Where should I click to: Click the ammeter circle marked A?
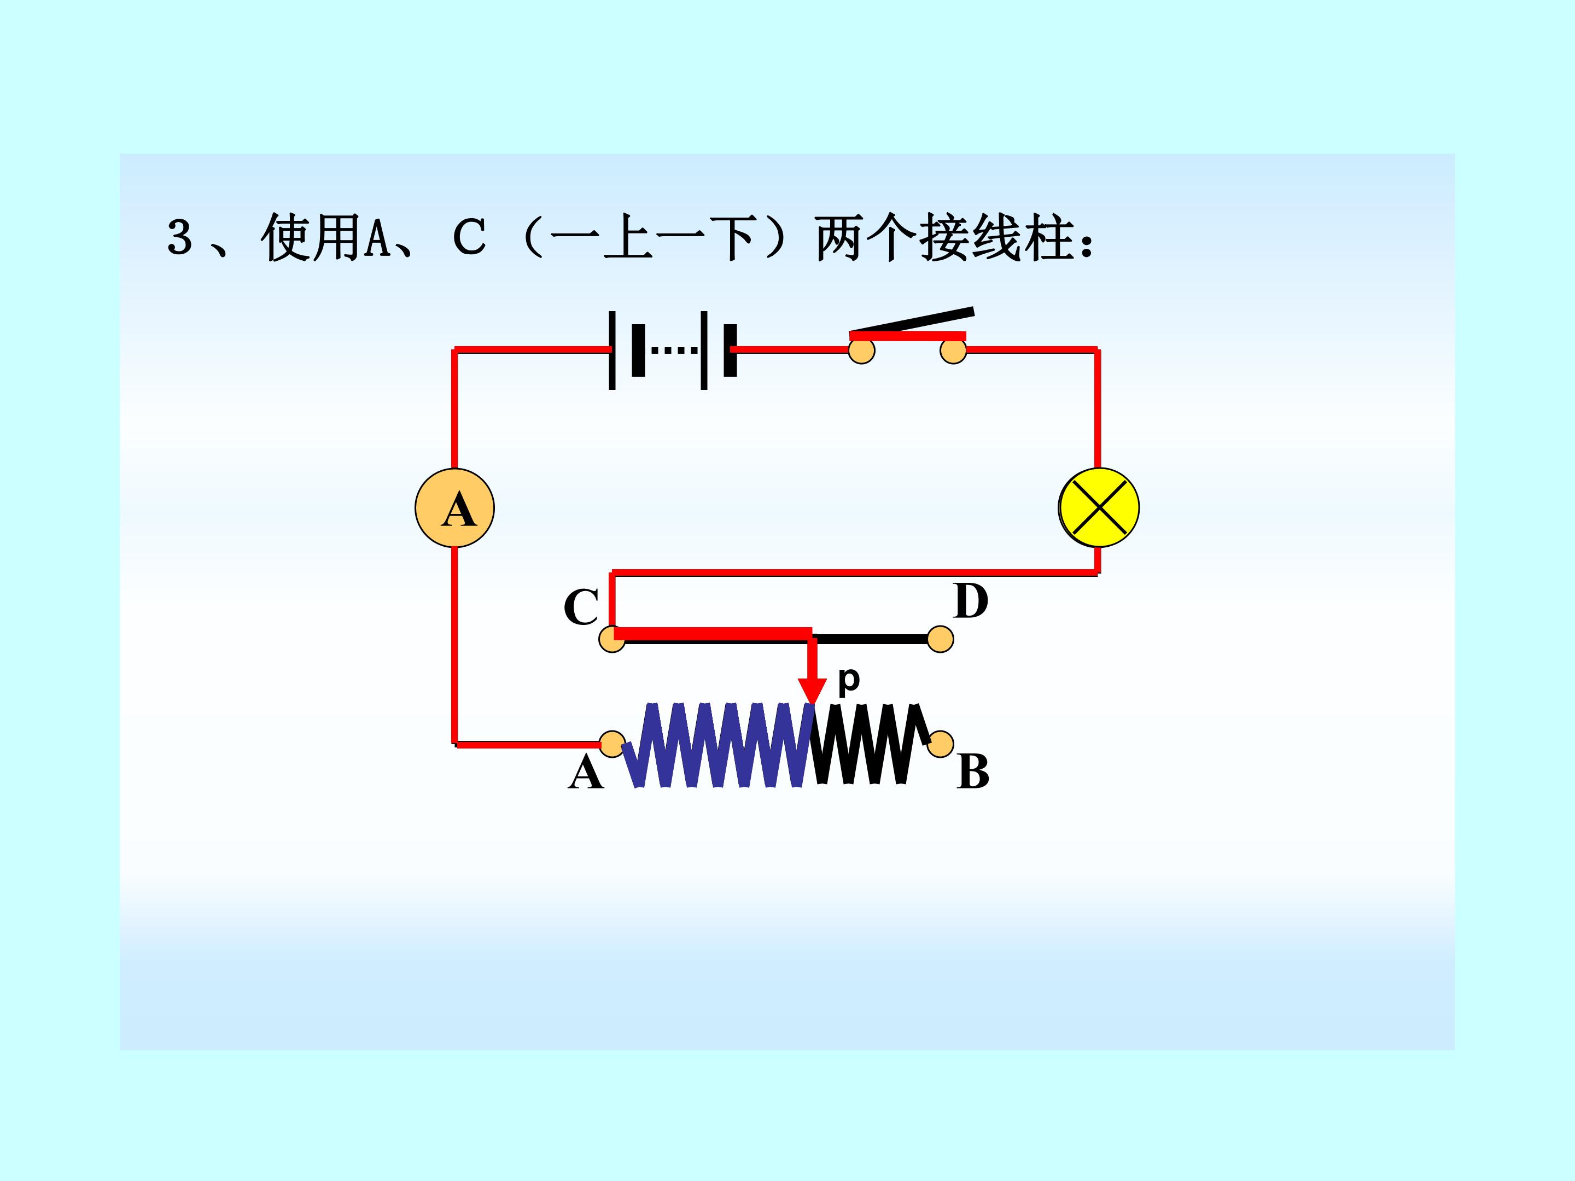[454, 507]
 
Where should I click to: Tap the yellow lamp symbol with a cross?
[1099, 507]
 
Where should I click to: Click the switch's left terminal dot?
[861, 350]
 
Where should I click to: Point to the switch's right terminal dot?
[953, 350]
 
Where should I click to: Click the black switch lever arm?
[912, 321]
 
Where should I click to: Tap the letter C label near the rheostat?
[581, 607]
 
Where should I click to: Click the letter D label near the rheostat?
[971, 601]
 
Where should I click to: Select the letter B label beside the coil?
[973, 771]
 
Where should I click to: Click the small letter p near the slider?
[849, 679]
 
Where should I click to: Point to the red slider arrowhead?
[812, 691]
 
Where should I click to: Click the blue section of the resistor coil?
[719, 745]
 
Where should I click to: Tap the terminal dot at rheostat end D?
[941, 639]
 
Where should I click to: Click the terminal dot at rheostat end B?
[941, 744]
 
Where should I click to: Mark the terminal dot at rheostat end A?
[612, 744]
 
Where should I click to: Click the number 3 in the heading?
[180, 237]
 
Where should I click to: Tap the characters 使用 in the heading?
[311, 238]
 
